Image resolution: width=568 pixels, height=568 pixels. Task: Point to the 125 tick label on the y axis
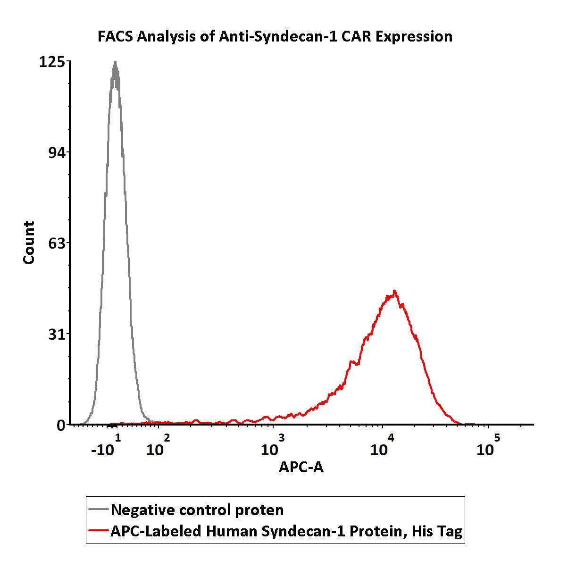click(x=52, y=62)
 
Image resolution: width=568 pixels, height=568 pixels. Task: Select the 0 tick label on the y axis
click(x=61, y=425)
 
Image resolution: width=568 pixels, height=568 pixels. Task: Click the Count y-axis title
click(x=29, y=242)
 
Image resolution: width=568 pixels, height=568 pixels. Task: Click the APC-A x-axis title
click(x=301, y=467)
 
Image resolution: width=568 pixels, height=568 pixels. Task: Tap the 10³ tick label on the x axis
click(x=273, y=446)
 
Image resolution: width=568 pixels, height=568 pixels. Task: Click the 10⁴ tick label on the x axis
click(x=382, y=446)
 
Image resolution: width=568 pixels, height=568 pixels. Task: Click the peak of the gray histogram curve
click(x=115, y=63)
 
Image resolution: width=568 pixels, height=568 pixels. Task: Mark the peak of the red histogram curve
click(x=394, y=291)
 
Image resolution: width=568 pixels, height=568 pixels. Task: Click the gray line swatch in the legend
click(x=98, y=510)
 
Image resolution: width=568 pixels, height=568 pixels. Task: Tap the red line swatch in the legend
click(x=98, y=531)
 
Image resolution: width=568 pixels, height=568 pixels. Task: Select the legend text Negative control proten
click(x=197, y=510)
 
